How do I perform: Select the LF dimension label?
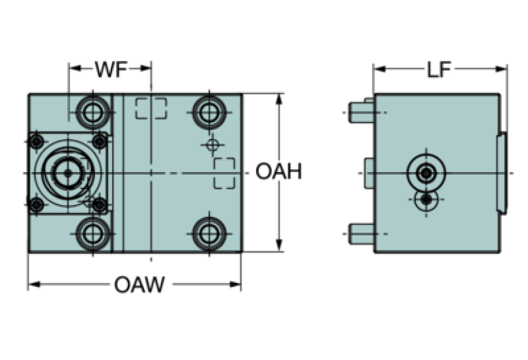[x=439, y=69]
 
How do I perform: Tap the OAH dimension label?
[x=279, y=171]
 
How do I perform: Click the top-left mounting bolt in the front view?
[x=92, y=110]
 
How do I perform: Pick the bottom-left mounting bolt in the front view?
[x=92, y=232]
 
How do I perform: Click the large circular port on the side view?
[x=427, y=172]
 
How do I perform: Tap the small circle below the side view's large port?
[x=427, y=200]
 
